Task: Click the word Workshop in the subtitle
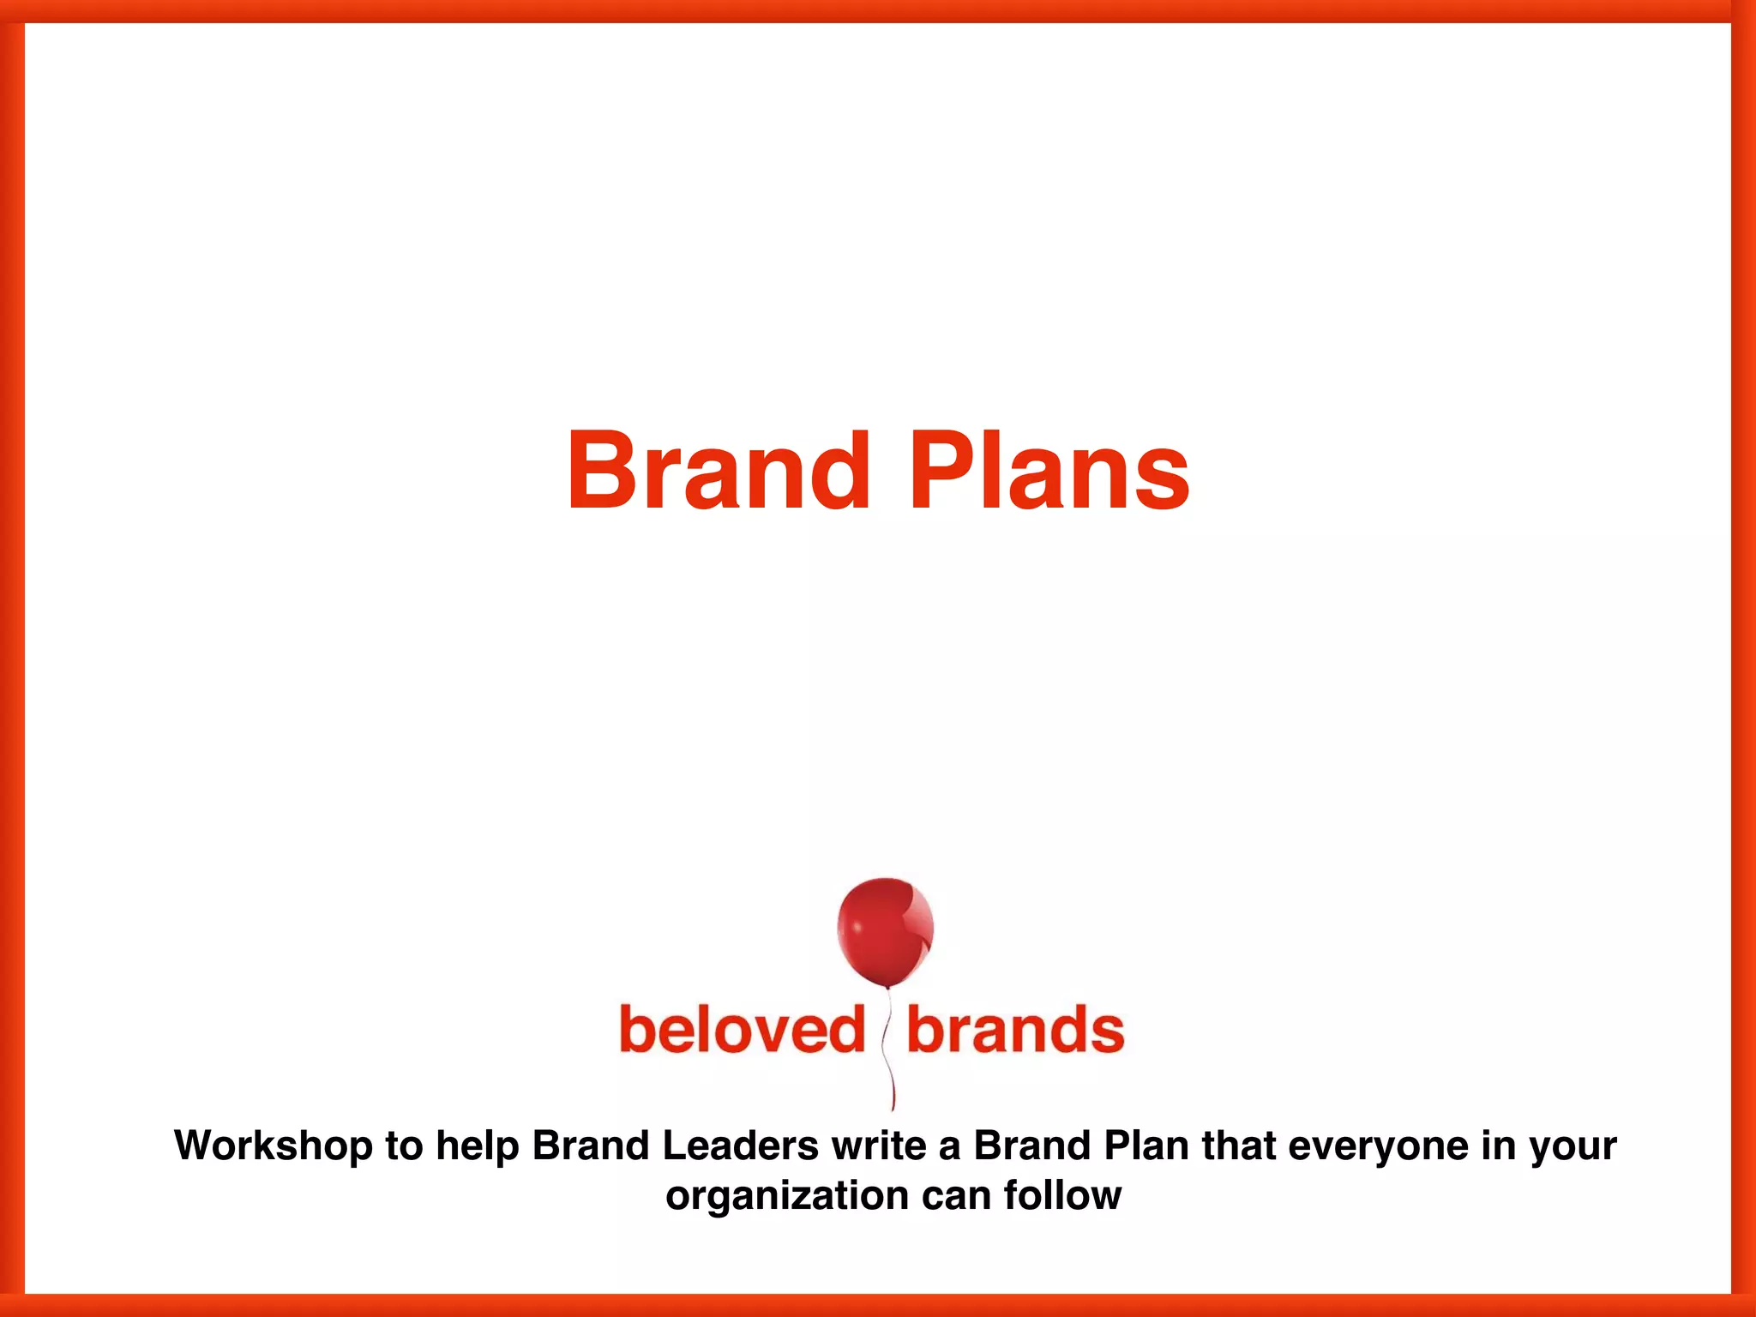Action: (x=274, y=1146)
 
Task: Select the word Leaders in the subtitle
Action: (x=741, y=1146)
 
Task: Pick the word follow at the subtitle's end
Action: (x=1063, y=1194)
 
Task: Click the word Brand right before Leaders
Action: (x=590, y=1146)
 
